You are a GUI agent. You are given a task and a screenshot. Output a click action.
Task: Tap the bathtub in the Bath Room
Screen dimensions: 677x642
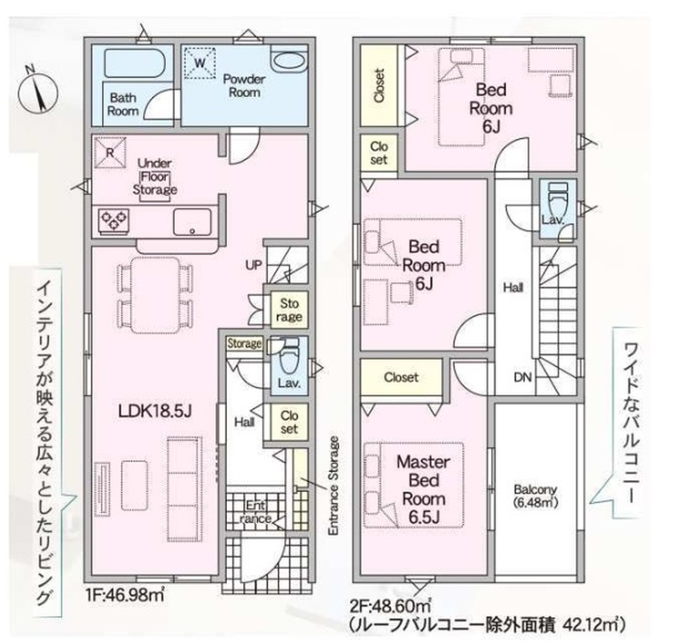tap(133, 63)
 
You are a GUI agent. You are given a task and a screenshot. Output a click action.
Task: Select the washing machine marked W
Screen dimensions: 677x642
tap(200, 63)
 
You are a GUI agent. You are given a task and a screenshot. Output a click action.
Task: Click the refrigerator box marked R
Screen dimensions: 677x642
tap(110, 152)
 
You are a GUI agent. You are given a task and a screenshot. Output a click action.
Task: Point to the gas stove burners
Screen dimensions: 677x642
tap(114, 221)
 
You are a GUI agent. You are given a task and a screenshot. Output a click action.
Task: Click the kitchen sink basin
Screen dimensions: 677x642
tap(193, 222)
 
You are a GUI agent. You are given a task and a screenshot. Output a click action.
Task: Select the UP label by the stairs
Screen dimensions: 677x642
tap(253, 265)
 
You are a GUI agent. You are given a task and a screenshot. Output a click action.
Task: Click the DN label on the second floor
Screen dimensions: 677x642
tap(522, 377)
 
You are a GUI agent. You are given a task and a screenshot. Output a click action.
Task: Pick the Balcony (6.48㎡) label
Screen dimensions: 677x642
tap(535, 496)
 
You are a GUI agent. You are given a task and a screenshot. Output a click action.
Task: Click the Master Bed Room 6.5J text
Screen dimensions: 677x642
tap(424, 489)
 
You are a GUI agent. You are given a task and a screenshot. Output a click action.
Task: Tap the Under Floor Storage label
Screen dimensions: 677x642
tap(155, 177)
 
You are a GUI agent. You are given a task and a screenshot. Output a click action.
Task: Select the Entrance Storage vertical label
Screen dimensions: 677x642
tap(333, 486)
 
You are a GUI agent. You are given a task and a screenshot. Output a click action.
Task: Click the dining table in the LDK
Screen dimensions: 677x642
tap(155, 295)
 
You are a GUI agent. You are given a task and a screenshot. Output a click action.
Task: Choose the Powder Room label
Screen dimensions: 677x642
tap(245, 86)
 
